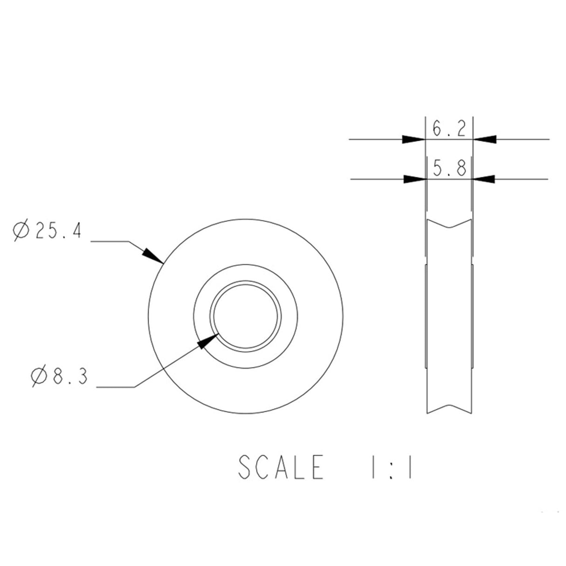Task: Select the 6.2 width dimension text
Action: click(x=449, y=129)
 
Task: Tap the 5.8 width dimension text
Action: click(x=449, y=168)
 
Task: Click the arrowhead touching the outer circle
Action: click(x=153, y=255)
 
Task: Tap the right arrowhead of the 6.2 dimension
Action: click(x=485, y=139)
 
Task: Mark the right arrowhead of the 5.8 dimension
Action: click(x=484, y=179)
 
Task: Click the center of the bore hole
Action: click(x=246, y=316)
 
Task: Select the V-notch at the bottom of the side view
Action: click(x=449, y=406)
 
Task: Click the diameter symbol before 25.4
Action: click(x=21, y=230)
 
